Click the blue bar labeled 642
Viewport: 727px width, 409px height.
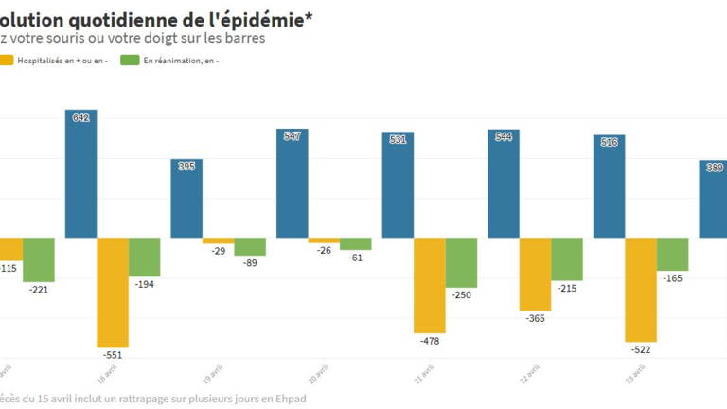80,174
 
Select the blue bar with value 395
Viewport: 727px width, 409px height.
186,199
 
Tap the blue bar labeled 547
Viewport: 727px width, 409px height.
292,184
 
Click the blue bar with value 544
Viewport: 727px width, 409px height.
504,184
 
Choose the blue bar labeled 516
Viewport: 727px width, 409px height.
610,187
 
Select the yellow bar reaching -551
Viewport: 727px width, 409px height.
113,292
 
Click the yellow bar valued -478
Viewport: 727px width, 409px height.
430,285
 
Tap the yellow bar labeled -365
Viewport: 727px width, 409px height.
535,274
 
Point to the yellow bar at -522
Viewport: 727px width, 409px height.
641,289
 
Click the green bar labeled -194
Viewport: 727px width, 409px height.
145,257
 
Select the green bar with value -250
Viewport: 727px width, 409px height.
462,262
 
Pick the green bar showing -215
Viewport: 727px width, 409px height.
567,258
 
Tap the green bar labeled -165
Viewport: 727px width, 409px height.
673,254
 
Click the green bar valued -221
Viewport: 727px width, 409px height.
39,259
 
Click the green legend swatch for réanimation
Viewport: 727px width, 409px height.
130,61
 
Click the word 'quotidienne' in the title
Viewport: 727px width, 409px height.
145,17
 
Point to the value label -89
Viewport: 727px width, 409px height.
250,262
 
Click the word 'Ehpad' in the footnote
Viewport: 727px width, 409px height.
287,399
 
